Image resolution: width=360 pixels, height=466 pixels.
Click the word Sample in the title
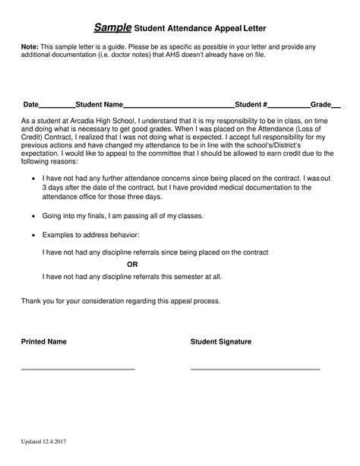(112, 27)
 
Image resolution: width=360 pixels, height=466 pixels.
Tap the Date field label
(30, 104)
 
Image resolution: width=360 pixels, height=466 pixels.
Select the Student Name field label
(99, 104)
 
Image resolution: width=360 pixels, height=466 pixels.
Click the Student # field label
(251, 104)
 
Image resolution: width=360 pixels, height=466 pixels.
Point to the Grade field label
(321, 104)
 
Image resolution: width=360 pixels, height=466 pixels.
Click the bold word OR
(132, 265)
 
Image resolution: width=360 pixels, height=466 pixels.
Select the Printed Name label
(43, 342)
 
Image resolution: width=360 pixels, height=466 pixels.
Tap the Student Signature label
(220, 342)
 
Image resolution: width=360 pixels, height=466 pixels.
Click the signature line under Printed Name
(77, 369)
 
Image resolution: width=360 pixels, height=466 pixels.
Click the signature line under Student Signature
(254, 369)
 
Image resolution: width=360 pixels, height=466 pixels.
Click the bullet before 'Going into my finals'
(33, 217)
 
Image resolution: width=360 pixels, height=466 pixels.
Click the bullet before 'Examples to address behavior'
(33, 236)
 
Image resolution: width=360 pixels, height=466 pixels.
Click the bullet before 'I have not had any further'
(33, 178)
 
